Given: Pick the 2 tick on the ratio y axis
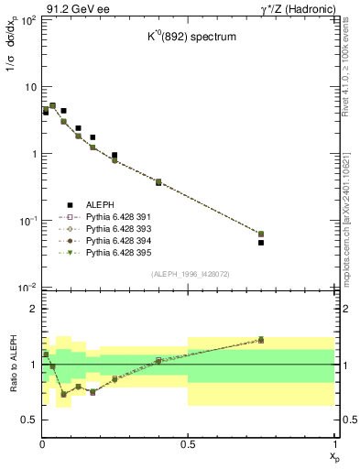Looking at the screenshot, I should (32, 309).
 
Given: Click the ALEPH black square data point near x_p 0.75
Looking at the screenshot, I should (261, 243).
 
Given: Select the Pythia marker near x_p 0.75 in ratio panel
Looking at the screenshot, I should (261, 340).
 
